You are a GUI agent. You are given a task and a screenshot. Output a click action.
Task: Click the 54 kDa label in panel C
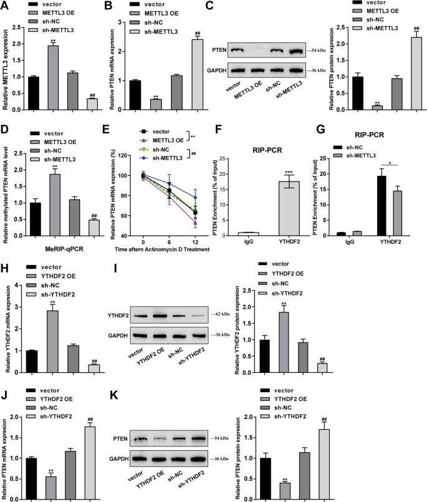coord(309,49)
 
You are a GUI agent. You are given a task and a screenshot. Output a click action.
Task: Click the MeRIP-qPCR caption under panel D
coord(57,243)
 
